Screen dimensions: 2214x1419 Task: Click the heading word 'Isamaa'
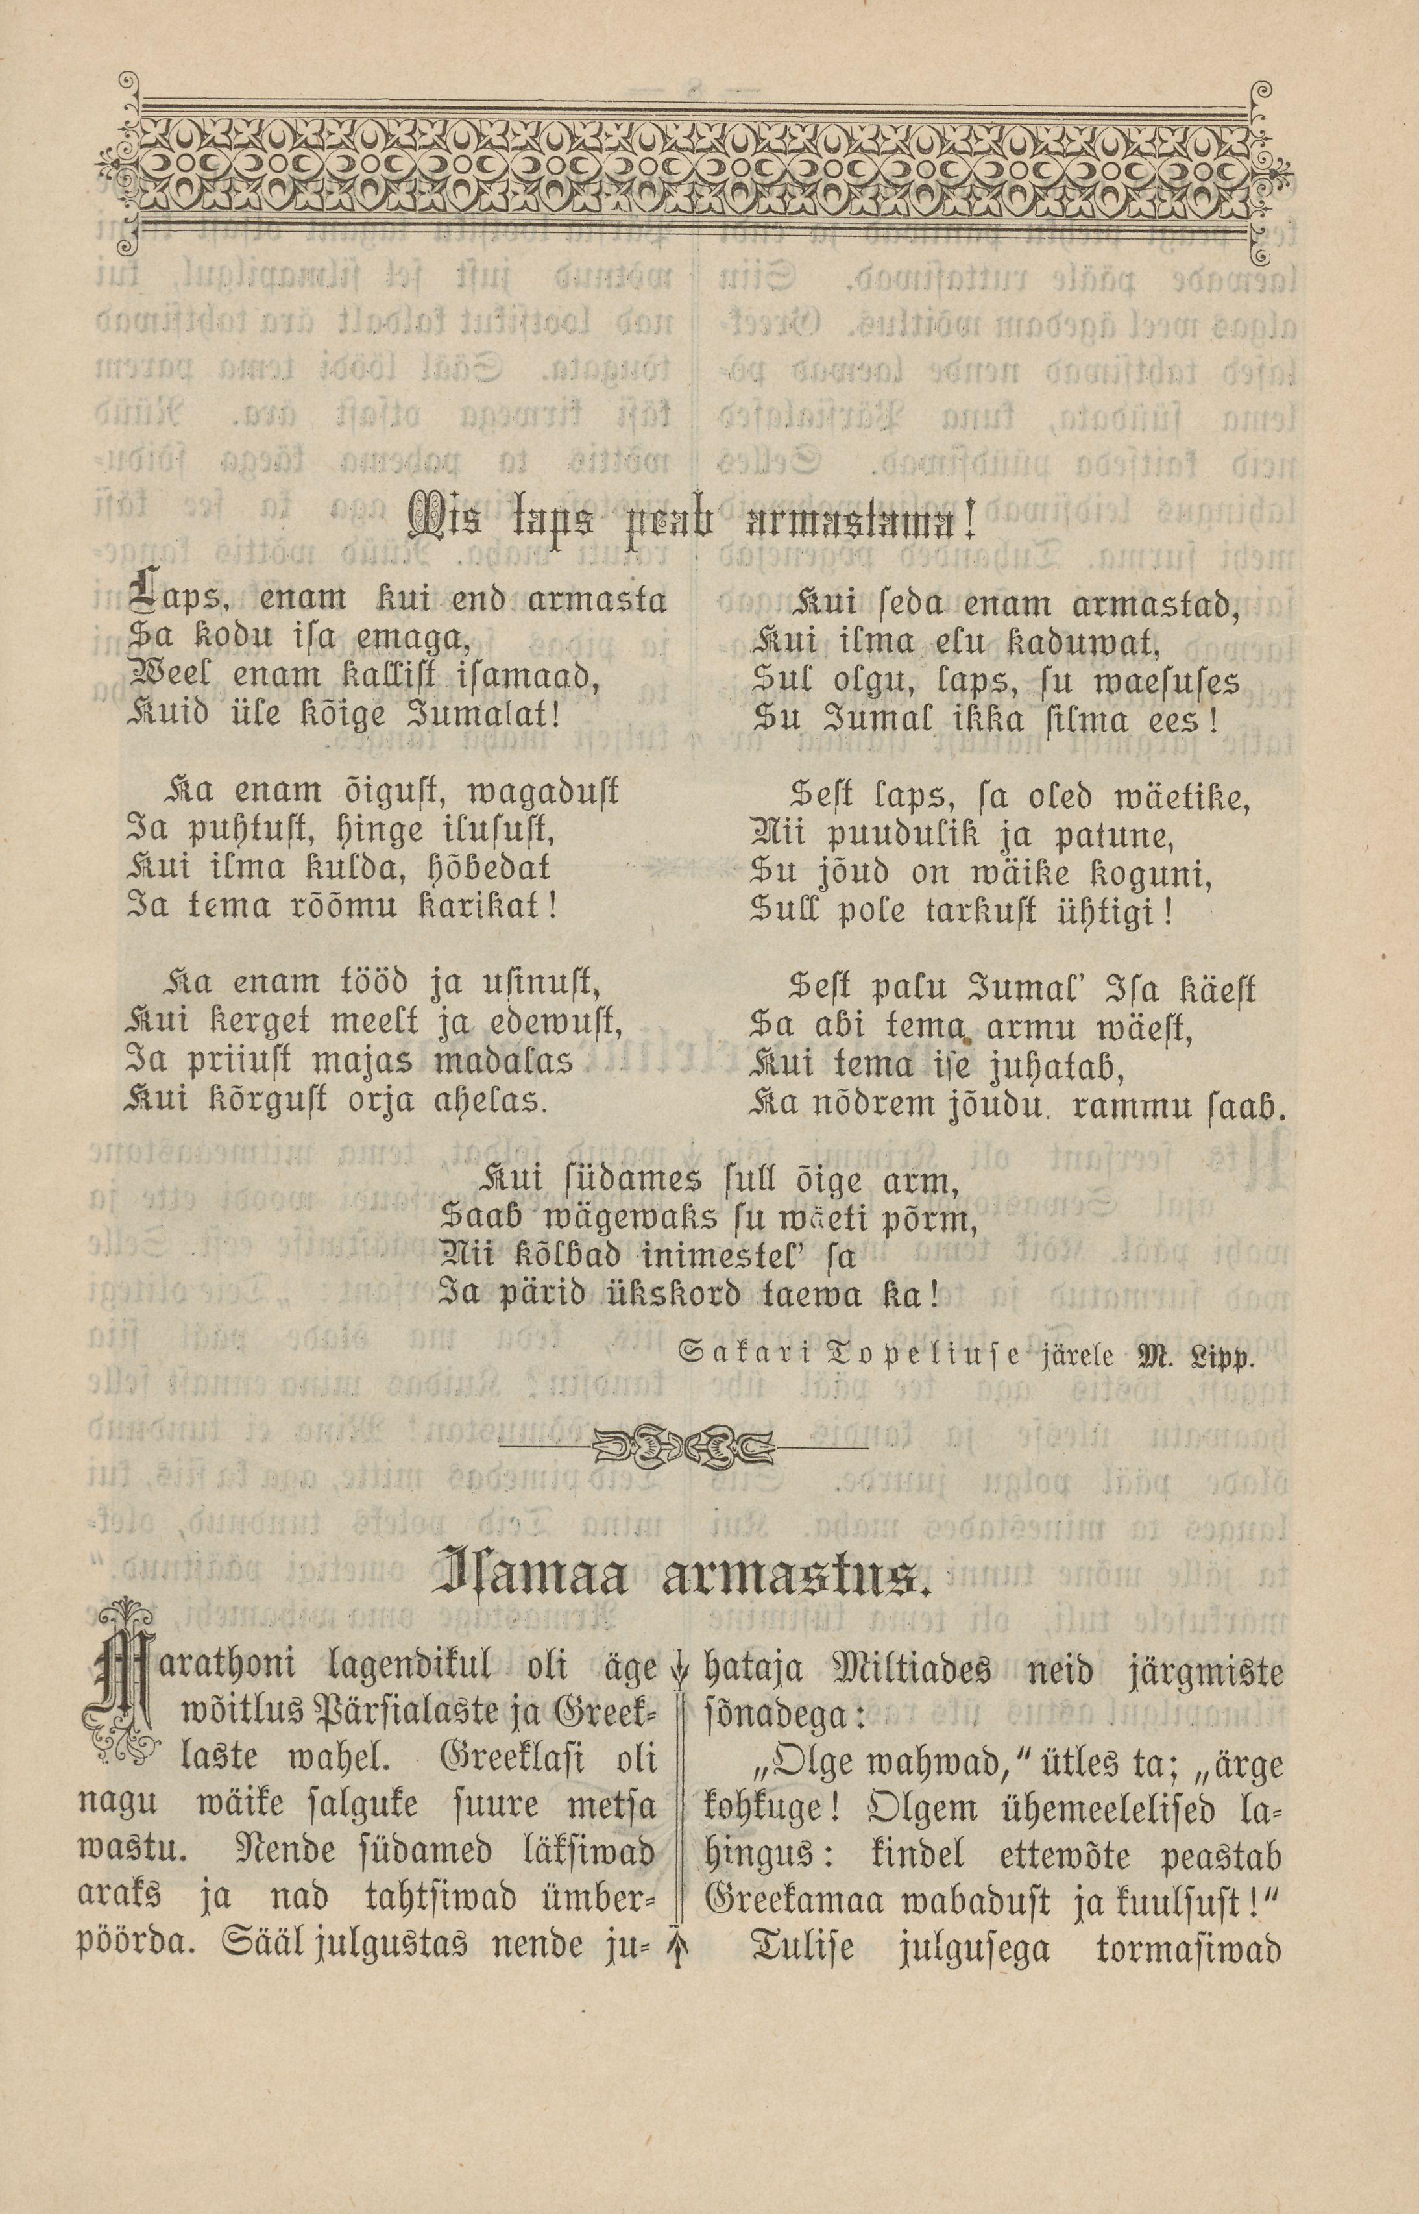click(x=533, y=1581)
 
